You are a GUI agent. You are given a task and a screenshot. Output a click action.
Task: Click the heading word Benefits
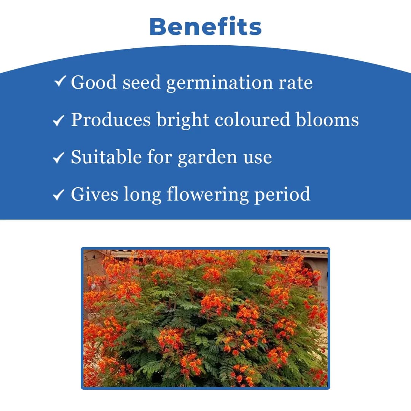point(205,27)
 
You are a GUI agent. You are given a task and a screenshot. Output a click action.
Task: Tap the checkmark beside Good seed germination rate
point(60,81)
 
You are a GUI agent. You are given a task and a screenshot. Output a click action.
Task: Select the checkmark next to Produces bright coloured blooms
point(58,121)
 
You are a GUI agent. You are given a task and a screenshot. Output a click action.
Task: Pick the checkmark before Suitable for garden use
point(58,158)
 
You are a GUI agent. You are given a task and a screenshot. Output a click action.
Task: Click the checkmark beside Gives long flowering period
point(58,195)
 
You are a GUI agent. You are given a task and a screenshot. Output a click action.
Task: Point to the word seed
point(142,83)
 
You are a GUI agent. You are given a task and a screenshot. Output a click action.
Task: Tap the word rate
point(296,83)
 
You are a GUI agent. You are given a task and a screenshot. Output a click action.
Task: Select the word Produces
point(111,120)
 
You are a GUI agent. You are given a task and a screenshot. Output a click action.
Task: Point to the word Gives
point(94,194)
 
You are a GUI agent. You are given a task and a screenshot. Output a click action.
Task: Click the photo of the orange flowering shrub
point(205,318)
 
